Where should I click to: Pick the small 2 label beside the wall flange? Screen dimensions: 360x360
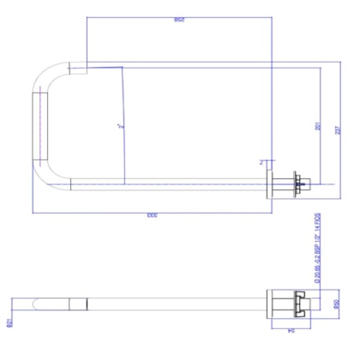coord(261,160)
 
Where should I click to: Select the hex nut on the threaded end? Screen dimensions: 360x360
coord(297,181)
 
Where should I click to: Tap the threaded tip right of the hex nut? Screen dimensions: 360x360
coord(307,181)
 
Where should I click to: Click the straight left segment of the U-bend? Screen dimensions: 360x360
coord(37,124)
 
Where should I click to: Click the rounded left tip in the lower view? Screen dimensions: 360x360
coord(34,305)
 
